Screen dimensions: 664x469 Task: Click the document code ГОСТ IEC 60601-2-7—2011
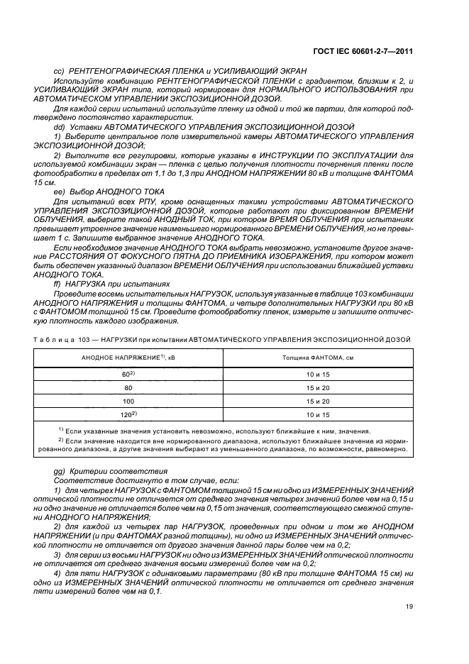point(369,51)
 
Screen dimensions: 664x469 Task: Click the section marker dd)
point(60,126)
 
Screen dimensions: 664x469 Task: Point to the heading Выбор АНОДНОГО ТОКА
point(116,192)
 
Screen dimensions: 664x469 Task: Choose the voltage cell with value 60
point(128,374)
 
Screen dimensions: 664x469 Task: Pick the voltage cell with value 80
point(128,388)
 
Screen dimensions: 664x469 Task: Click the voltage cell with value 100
point(128,402)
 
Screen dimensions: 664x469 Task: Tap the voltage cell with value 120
point(128,414)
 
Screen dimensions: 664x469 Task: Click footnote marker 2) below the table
point(60,440)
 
